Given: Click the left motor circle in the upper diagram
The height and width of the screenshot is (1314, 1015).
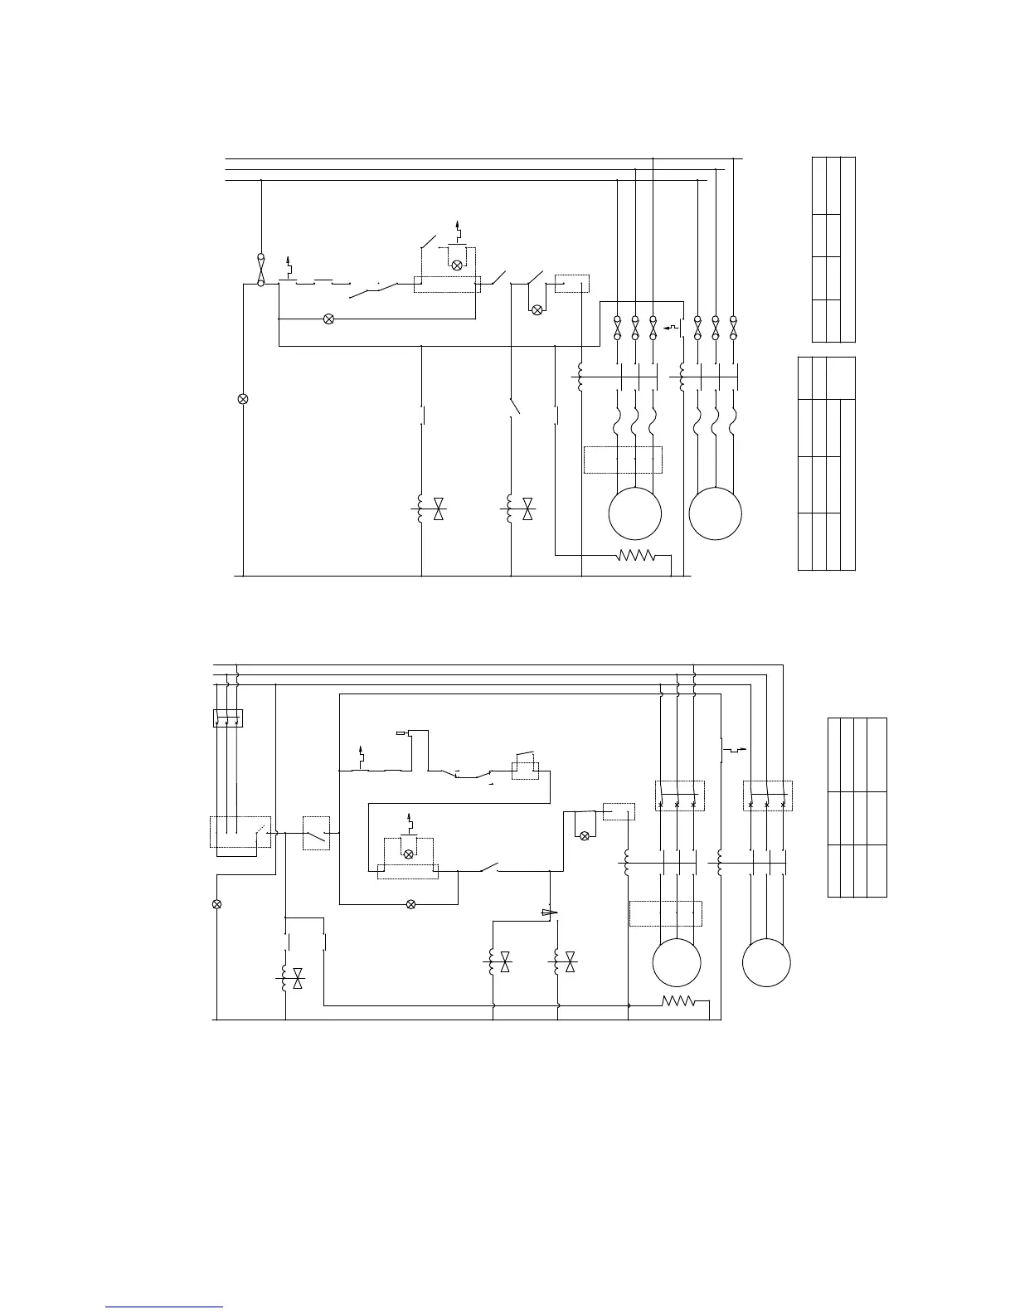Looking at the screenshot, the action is (634, 513).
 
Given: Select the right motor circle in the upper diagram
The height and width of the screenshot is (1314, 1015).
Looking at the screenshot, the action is (716, 513).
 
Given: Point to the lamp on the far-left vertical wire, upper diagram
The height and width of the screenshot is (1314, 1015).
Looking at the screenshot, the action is (243, 399).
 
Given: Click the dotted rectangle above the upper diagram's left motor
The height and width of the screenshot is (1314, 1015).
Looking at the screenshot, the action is (623, 460).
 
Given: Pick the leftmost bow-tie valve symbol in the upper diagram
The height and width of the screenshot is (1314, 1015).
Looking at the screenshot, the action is (440, 510).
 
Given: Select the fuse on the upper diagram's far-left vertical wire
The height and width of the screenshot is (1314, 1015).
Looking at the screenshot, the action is (260, 270).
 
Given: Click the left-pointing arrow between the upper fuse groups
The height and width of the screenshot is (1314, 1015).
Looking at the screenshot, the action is (673, 328).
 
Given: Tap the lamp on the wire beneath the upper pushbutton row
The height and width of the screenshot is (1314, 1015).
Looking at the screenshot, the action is (328, 319).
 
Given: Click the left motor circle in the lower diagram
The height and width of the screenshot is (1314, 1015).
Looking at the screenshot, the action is (677, 962).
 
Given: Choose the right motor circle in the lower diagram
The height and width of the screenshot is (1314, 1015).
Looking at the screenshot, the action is (766, 962).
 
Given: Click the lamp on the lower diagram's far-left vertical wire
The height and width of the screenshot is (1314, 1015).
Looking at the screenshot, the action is (217, 903).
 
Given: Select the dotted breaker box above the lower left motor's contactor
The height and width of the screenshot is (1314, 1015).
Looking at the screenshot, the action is (679, 796).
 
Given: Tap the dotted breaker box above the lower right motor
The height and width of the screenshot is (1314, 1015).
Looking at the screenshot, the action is (768, 796).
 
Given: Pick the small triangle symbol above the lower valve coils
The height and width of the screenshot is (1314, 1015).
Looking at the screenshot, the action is (548, 912).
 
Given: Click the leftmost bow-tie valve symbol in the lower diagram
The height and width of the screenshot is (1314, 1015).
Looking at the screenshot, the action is (299, 978).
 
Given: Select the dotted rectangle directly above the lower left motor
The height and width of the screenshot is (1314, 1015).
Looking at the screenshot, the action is (666, 912).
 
